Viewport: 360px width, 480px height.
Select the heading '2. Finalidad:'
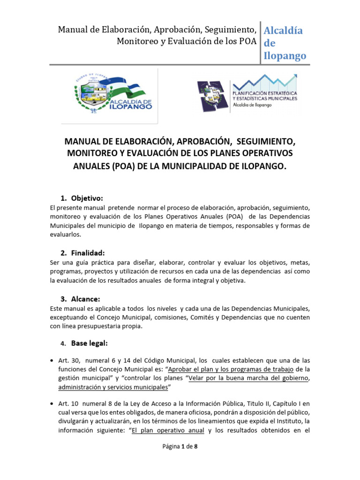coord(84,253)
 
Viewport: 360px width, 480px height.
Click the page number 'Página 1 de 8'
coord(180,460)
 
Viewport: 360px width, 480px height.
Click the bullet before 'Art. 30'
coord(52,360)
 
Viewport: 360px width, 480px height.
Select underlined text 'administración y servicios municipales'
coord(113,388)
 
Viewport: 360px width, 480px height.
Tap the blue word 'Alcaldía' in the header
coord(283,31)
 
